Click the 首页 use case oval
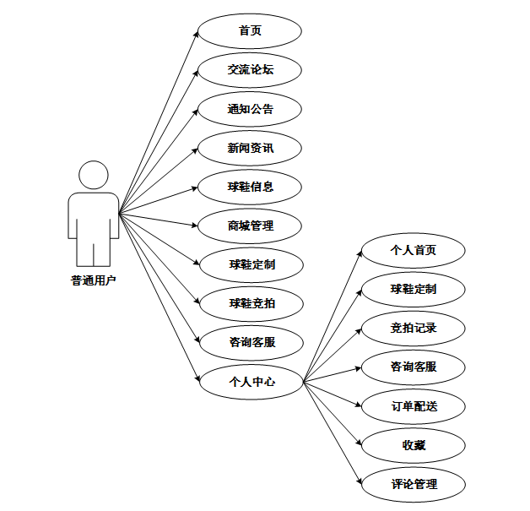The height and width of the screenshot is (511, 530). coord(250,31)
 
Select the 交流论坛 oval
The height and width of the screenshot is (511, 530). coord(250,70)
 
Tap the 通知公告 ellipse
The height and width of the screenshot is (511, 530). coord(250,109)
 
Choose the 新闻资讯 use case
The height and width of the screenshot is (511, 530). coord(250,148)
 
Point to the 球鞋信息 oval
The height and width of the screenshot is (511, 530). coord(250,187)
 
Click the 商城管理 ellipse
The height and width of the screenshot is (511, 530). coord(250,226)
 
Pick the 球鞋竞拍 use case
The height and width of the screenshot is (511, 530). coord(250,303)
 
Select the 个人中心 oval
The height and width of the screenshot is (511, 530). coord(250,381)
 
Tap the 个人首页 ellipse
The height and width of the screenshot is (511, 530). coord(413,250)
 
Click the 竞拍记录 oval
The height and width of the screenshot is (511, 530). coord(413,328)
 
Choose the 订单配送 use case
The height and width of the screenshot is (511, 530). coord(413,406)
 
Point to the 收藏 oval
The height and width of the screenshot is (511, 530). coord(413,445)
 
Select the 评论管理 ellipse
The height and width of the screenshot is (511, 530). coord(413,485)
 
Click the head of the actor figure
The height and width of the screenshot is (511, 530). coord(93,177)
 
